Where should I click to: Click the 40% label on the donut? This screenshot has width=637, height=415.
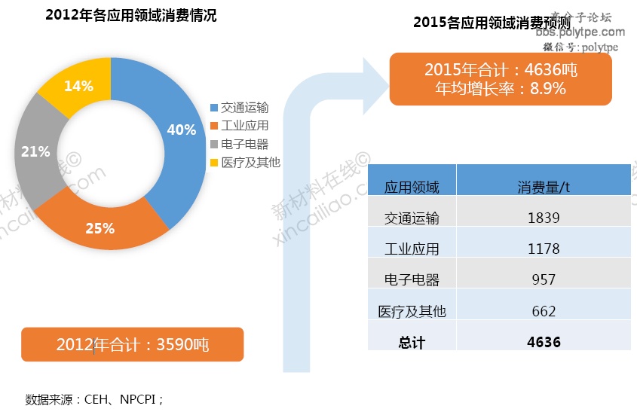coord(182,130)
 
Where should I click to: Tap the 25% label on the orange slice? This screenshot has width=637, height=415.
coord(100,227)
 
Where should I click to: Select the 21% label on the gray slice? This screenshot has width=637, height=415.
coord(35,151)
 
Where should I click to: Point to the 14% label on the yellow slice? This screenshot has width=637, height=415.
coord(78,86)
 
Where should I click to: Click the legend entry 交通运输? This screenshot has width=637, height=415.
coord(244,108)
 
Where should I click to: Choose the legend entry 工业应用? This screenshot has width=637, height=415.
coord(244,126)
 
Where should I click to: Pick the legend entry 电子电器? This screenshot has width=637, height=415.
coord(244,144)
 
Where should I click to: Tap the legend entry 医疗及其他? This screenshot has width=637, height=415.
coord(250,162)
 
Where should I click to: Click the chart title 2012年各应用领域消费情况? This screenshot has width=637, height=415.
coord(130,15)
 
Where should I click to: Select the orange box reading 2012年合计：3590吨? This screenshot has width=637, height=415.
coord(132,345)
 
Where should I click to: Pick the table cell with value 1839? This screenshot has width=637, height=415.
coord(544,218)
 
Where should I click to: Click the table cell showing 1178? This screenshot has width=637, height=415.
coord(544,249)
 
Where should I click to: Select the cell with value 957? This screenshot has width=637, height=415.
coord(544,279)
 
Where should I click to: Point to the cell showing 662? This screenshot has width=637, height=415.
coord(544,311)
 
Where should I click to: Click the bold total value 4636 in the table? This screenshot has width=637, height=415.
coord(544,342)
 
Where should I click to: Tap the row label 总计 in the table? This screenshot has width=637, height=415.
coord(412,343)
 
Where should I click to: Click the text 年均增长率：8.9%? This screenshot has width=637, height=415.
coord(501,88)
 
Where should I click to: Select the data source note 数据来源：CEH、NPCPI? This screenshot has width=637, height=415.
coord(94,398)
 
